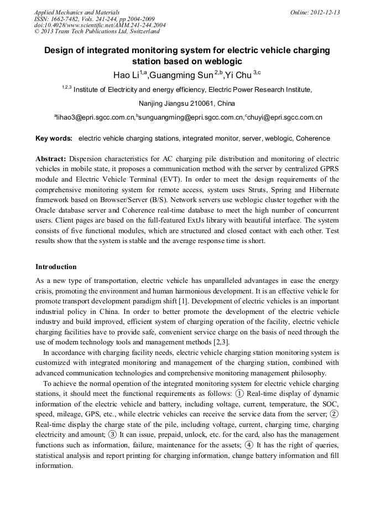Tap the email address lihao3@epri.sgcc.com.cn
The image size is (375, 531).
click(95, 118)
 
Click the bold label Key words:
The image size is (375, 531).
click(54, 138)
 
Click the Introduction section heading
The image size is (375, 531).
click(56, 267)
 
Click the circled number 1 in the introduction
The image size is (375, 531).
click(239, 394)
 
